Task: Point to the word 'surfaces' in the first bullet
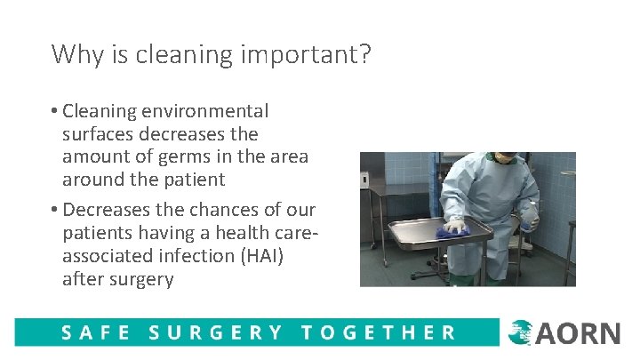[98, 134]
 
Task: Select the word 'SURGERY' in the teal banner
[216, 333]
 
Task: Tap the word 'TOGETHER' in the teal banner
[378, 333]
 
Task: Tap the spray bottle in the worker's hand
[531, 216]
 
